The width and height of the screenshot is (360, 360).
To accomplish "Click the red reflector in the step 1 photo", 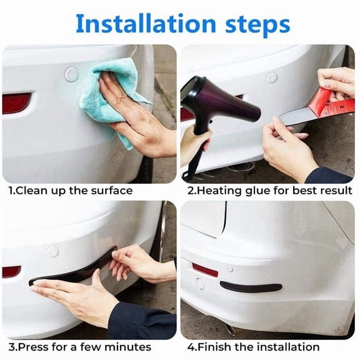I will pos(16,102).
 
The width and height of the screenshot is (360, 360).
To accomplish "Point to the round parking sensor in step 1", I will pos(71,73).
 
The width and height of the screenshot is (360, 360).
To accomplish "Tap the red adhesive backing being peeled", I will pos(329,101).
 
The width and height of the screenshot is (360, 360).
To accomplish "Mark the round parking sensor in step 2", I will pos(272,77).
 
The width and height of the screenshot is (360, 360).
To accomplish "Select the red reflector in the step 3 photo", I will pos(11,271).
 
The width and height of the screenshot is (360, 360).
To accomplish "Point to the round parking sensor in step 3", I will pos(52,251).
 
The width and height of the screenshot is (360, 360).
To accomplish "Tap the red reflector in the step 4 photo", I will pos(205,269).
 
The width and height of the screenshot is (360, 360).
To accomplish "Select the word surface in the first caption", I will pos(111,190).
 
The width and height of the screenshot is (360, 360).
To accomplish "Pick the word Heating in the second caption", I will pos(214,190).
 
